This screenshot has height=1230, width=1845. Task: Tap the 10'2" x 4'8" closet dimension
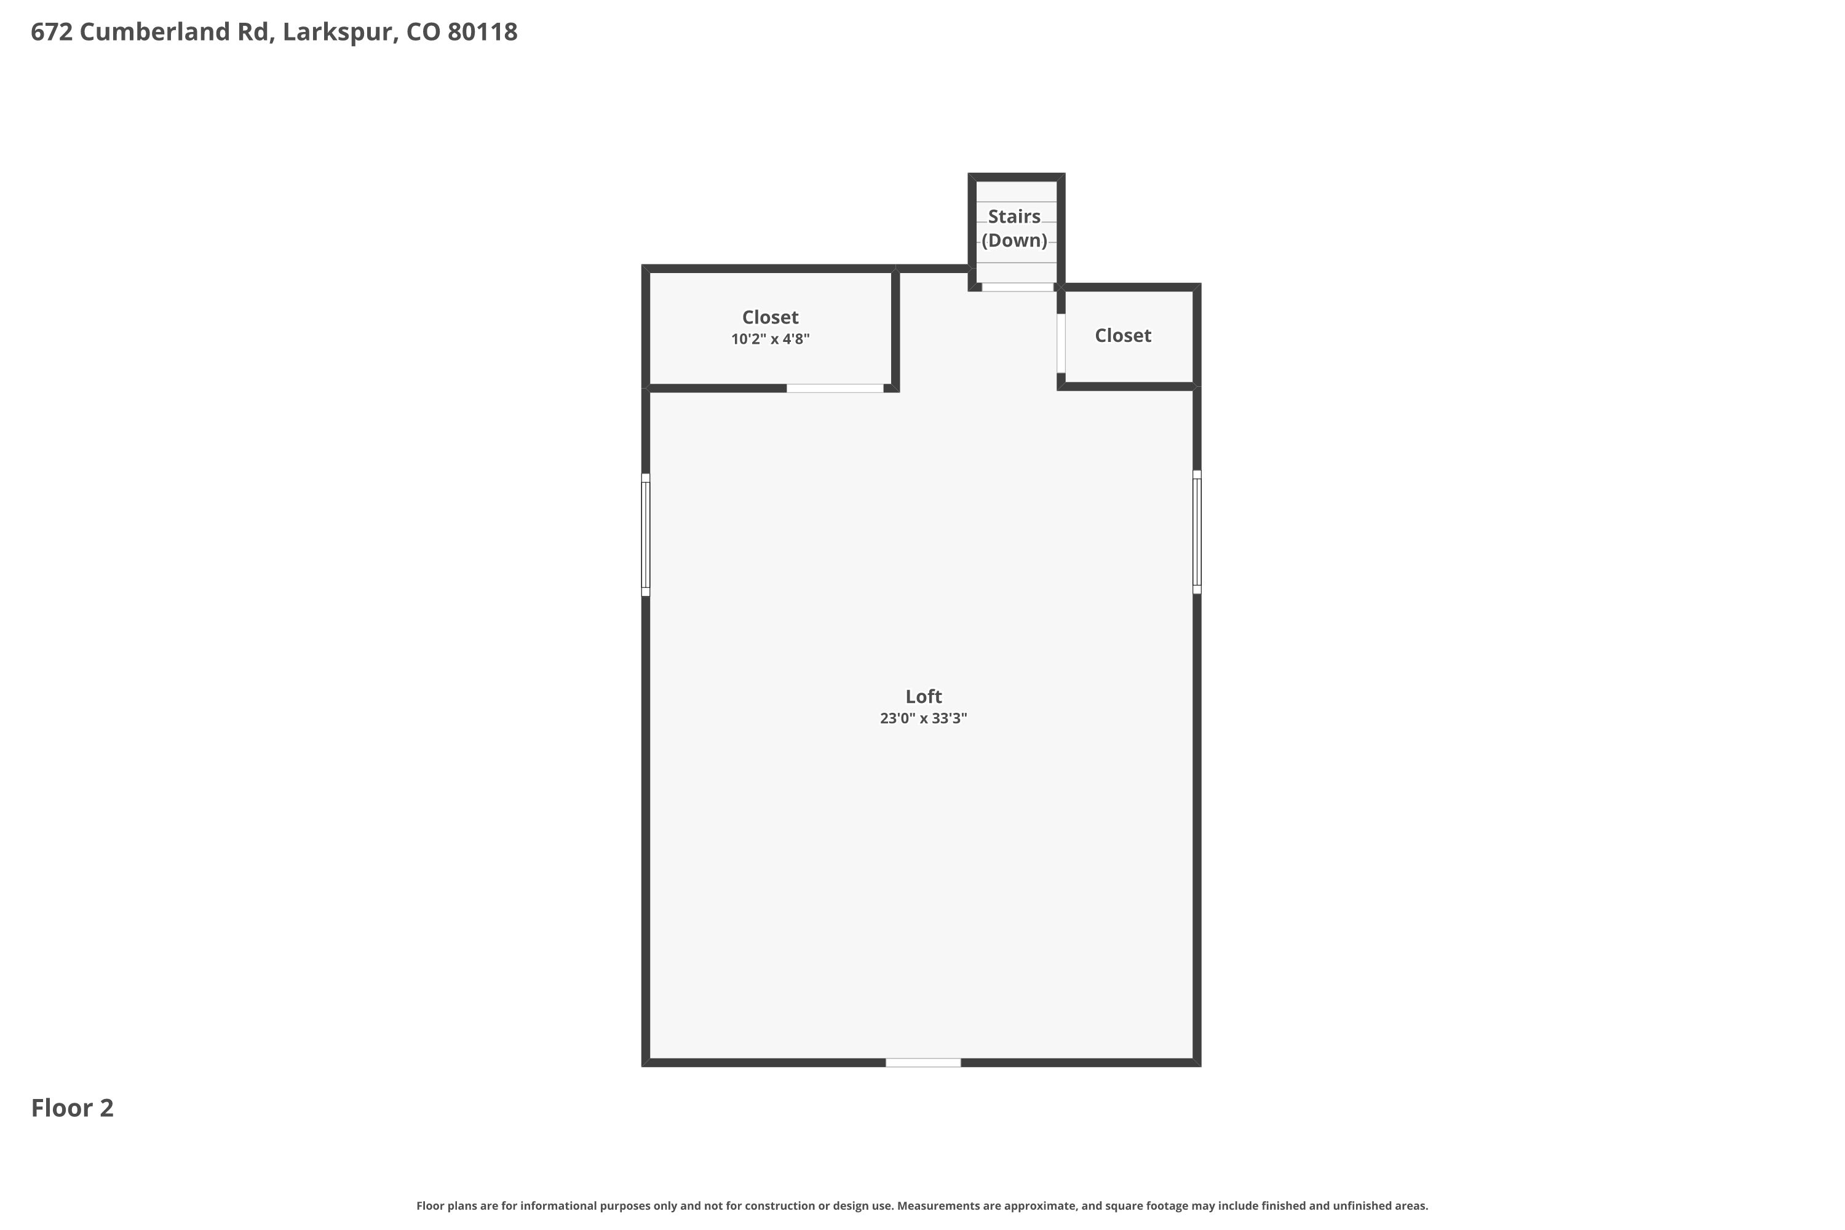click(771, 339)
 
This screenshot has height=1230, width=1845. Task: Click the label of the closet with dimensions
click(771, 317)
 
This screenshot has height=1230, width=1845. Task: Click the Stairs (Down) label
click(1014, 228)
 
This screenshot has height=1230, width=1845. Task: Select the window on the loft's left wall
click(646, 534)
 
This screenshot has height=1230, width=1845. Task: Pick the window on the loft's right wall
click(1197, 532)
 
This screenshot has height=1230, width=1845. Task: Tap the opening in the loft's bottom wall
click(923, 1063)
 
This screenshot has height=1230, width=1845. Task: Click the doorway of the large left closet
click(835, 388)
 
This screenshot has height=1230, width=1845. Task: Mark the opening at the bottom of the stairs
click(1017, 287)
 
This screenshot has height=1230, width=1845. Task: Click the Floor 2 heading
click(72, 1108)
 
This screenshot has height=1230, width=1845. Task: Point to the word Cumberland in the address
click(174, 31)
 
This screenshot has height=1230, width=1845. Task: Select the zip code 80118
click(482, 31)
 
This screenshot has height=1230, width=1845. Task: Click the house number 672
click(52, 31)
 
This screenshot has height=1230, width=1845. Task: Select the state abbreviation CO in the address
click(423, 31)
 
